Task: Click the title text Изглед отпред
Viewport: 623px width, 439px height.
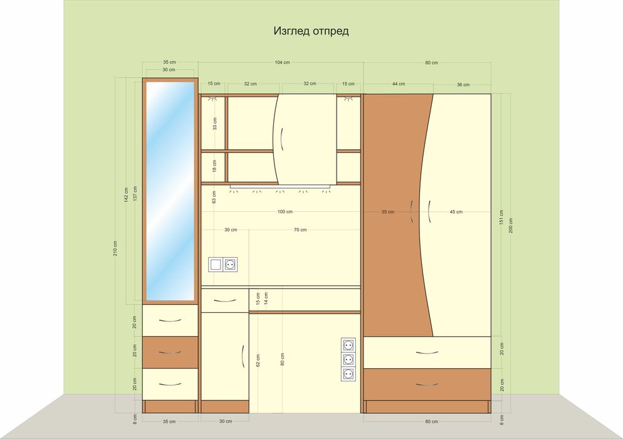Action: [311, 31]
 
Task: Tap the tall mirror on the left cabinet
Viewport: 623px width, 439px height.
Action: [170, 191]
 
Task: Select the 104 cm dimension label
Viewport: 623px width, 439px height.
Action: [282, 63]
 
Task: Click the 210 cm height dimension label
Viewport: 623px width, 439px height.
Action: [115, 248]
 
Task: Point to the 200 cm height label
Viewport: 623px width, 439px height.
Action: [511, 226]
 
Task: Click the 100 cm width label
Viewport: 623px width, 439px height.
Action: [285, 211]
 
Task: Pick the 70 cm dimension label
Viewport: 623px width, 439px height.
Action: [300, 230]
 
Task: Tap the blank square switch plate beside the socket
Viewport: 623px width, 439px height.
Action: [216, 265]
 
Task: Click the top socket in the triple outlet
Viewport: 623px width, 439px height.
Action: [348, 345]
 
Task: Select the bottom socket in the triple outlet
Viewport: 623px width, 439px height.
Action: [348, 374]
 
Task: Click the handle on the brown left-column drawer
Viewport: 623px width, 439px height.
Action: [170, 352]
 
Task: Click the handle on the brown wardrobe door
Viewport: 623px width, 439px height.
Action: [412, 211]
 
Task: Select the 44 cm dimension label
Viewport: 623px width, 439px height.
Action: [399, 84]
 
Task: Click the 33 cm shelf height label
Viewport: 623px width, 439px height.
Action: [214, 124]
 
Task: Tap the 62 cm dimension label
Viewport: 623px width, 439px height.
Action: [258, 361]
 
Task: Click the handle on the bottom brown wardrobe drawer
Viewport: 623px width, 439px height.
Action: [427, 384]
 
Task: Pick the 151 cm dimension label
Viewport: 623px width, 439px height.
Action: [501, 218]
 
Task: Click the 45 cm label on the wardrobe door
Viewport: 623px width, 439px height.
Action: [456, 212]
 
